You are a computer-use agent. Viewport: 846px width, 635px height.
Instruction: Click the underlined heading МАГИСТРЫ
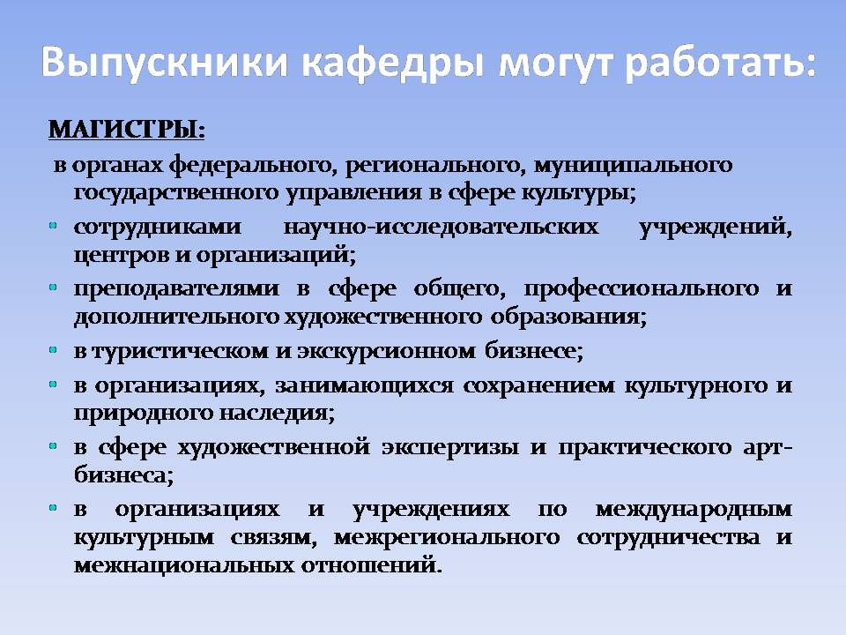[x=126, y=131]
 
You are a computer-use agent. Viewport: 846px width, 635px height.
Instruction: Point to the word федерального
[x=249, y=165]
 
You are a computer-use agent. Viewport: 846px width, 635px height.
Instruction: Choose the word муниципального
[x=633, y=165]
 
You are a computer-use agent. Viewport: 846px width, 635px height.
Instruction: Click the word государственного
[x=175, y=193]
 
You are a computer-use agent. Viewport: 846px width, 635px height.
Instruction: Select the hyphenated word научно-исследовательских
[x=441, y=227]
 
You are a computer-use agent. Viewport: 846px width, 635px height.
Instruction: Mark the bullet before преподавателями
[x=53, y=288]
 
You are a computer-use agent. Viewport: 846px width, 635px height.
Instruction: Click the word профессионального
[x=641, y=289]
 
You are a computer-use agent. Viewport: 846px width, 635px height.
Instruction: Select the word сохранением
[x=538, y=385]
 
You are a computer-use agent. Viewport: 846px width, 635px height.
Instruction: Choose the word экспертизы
[x=450, y=448]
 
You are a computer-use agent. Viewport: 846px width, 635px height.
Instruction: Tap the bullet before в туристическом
[x=53, y=350]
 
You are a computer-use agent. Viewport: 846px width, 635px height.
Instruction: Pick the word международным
[x=694, y=510]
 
